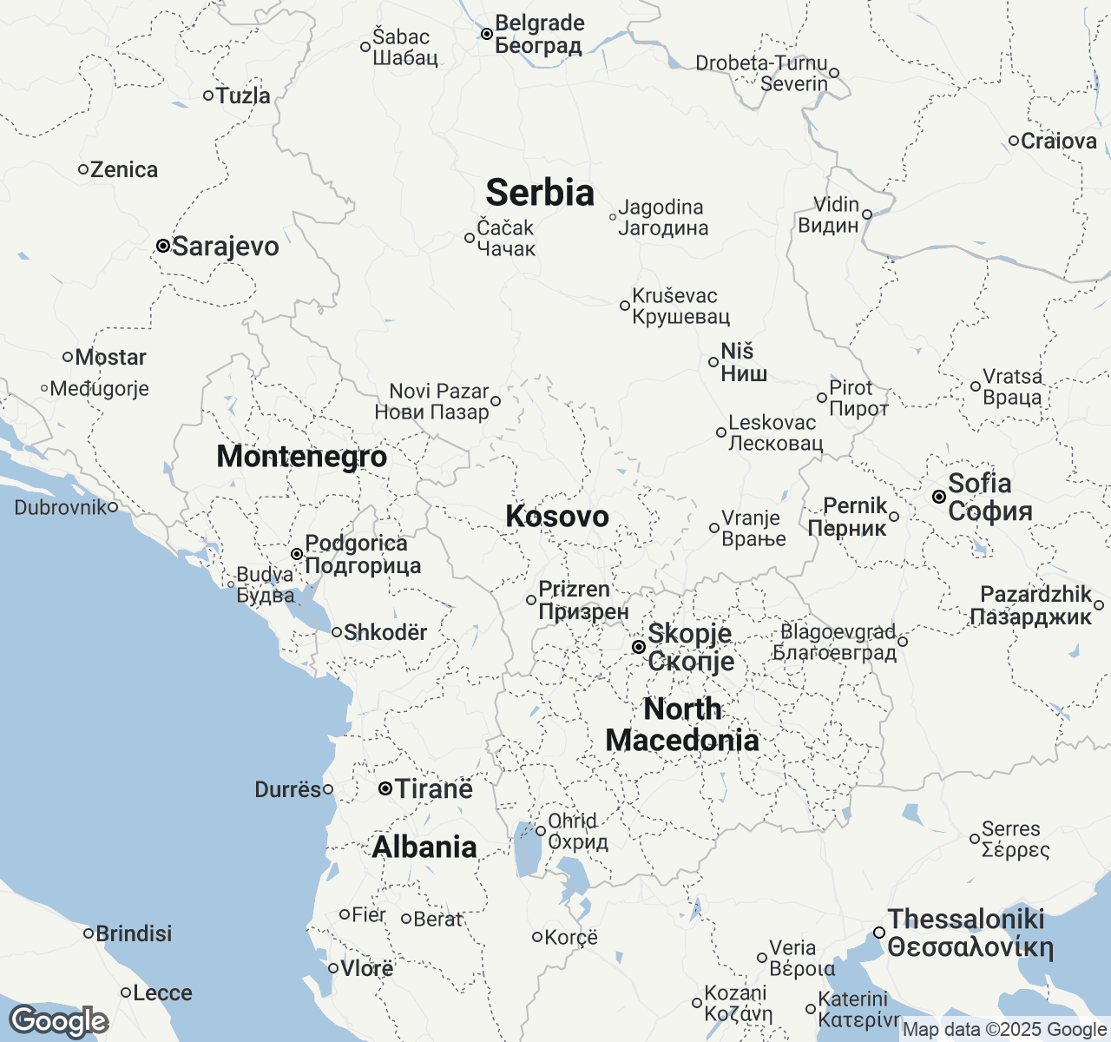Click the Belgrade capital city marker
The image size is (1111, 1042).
(x=487, y=34)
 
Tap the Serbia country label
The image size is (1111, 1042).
(x=540, y=193)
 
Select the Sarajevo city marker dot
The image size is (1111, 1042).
(x=162, y=246)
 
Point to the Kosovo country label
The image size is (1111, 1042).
(x=557, y=517)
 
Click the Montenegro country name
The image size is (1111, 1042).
(x=301, y=457)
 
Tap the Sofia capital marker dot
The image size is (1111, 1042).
(x=938, y=497)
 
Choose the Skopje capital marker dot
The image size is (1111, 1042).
(x=638, y=647)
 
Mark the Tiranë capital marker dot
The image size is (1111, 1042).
(x=385, y=789)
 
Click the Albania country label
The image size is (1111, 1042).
(x=424, y=847)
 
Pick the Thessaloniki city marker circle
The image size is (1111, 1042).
(x=879, y=933)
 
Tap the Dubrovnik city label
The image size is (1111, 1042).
(x=60, y=507)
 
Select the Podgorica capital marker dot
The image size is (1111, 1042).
(x=296, y=554)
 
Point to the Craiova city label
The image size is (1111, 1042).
(x=1059, y=141)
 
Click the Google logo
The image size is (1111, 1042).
(x=58, y=1021)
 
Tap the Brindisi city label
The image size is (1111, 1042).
(x=134, y=934)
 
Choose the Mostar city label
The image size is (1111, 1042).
(x=110, y=357)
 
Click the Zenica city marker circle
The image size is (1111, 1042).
(x=83, y=169)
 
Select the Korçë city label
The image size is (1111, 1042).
(x=571, y=938)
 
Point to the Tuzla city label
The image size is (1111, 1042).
(x=243, y=96)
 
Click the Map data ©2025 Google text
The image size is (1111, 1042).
(x=1004, y=1030)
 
